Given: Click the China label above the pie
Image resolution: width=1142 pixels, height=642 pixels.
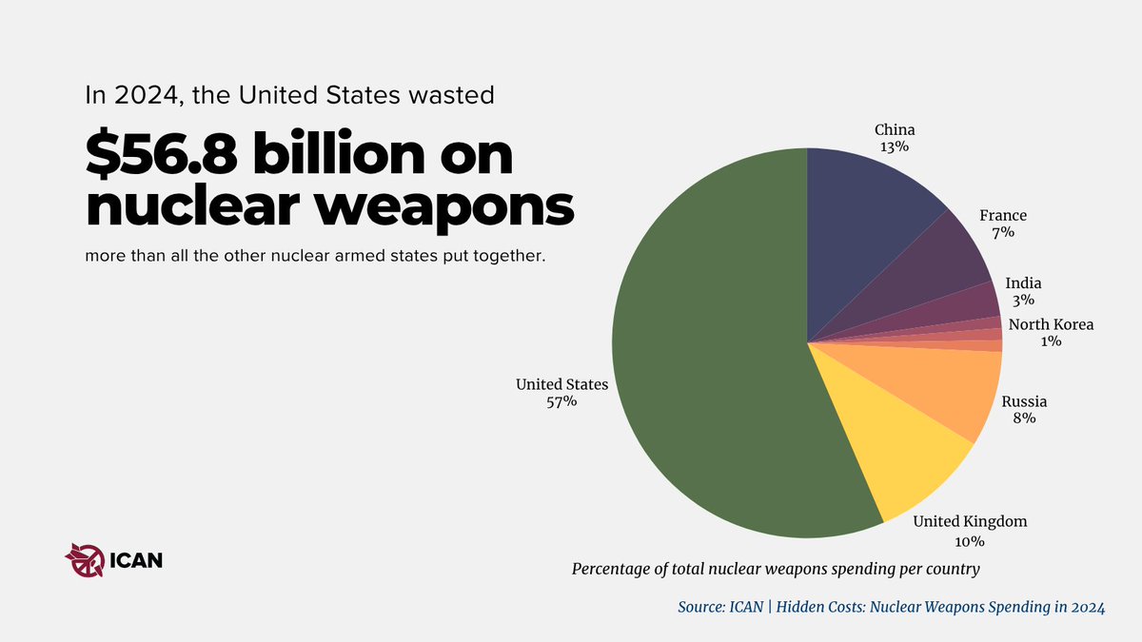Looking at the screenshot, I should click(895, 129).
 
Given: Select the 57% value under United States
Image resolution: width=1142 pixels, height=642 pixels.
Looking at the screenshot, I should click(561, 402).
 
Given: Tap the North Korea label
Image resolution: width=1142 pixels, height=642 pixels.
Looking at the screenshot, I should click(1051, 324).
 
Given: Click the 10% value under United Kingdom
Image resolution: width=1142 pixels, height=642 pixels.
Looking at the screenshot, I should click(970, 541).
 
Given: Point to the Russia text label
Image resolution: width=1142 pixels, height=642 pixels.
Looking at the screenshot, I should click(1024, 401).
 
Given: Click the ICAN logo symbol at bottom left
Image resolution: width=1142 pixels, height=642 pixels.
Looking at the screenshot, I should click(83, 559).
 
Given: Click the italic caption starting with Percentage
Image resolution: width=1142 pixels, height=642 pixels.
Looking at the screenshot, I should click(776, 569).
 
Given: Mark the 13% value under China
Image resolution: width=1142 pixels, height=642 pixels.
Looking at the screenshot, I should click(895, 147).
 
